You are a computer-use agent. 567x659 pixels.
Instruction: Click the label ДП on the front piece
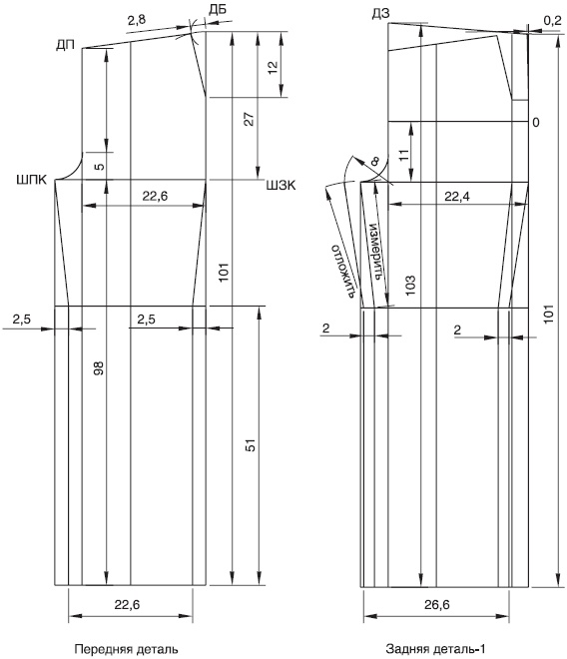[x=65, y=45]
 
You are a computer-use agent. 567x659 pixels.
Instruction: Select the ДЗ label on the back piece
[x=380, y=14]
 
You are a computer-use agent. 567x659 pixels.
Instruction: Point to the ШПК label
[x=32, y=181]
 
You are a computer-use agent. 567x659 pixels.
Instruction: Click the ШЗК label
[x=281, y=186]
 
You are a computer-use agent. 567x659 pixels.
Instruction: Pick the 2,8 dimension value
[x=136, y=19]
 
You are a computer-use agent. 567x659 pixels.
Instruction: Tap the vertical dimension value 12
[x=273, y=67]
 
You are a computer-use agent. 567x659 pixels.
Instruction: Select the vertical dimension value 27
[x=250, y=119]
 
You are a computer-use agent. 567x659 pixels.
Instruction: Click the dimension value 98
[x=98, y=367]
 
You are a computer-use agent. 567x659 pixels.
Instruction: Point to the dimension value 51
[x=251, y=445]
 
